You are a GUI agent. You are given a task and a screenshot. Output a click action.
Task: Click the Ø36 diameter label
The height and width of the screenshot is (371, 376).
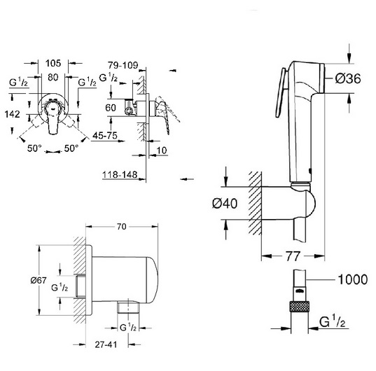click(x=348, y=78)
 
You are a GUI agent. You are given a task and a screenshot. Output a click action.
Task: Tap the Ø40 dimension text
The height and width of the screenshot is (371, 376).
click(x=225, y=204)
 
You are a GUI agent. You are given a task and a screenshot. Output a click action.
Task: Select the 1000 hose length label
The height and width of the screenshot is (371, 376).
click(x=352, y=279)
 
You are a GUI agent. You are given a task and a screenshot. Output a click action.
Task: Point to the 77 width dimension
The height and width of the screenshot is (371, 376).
click(x=293, y=256)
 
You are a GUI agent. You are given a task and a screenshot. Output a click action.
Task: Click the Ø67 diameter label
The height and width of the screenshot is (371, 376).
click(x=39, y=280)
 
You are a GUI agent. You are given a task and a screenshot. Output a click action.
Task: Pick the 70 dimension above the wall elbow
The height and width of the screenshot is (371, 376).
click(x=122, y=227)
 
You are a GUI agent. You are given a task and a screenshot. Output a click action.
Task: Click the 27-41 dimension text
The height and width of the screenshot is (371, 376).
click(x=106, y=344)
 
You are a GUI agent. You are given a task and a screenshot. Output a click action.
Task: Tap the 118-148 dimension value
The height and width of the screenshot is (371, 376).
click(x=120, y=174)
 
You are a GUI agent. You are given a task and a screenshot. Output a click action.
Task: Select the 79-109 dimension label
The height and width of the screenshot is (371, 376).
click(x=123, y=65)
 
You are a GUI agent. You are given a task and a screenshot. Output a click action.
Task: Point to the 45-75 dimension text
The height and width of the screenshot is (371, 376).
click(x=105, y=136)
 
